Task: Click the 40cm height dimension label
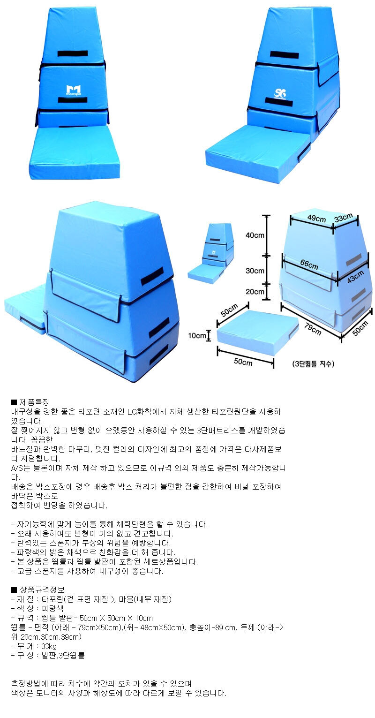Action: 255,235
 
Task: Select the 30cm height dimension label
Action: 255,271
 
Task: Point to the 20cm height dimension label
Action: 255,291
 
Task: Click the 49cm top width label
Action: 316,218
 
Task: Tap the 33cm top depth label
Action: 343,218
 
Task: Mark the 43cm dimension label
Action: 355,277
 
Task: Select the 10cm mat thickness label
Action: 196,336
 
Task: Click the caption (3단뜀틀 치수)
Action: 313,363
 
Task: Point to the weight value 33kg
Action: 49,646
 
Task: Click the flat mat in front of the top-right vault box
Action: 258,153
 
